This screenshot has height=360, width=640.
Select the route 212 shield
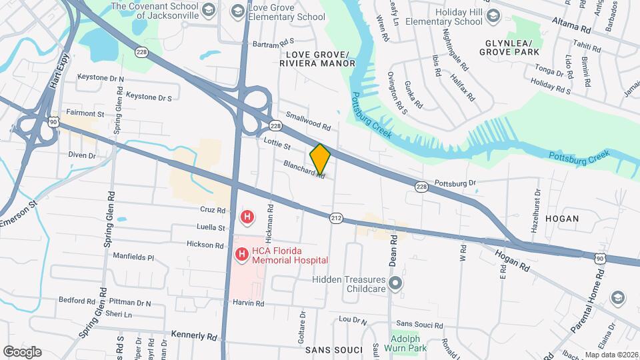coord(336,217)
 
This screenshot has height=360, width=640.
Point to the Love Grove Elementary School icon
coord(237,11)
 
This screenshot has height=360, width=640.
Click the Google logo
coord(22,351)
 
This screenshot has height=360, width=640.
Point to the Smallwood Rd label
coord(308,121)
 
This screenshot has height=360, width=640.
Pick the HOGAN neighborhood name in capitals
coord(561,218)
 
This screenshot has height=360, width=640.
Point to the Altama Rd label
coord(571,26)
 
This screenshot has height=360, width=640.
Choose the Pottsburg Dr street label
coord(455,183)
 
